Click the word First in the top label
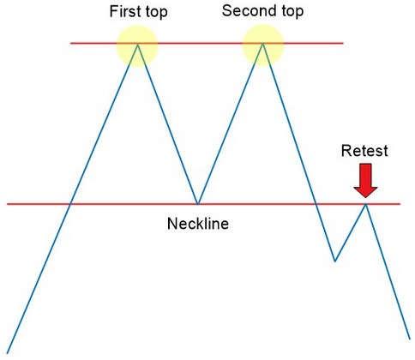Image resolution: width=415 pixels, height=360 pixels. pyautogui.click(x=125, y=11)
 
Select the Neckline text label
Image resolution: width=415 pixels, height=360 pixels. pyautogui.click(x=198, y=224)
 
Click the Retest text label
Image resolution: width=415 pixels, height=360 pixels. pyautogui.click(x=364, y=151)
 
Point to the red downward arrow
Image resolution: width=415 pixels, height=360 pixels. pyautogui.click(x=365, y=180)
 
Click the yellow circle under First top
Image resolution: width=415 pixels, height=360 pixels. pyautogui.click(x=137, y=46)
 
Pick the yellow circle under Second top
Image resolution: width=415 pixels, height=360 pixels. pyautogui.click(x=263, y=45)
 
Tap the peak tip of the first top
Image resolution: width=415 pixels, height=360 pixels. pyautogui.click(x=137, y=44)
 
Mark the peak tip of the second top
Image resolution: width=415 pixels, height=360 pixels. pyautogui.click(x=262, y=44)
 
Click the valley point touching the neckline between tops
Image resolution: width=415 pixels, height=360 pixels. pyautogui.click(x=198, y=204)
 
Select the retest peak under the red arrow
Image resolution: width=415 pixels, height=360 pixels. pyautogui.click(x=365, y=204)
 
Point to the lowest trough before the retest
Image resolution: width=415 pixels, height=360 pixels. pyautogui.click(x=335, y=261)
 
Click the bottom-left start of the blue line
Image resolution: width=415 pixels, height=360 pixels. pyautogui.click(x=7, y=353)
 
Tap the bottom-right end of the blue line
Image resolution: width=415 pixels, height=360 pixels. pyautogui.click(x=410, y=339)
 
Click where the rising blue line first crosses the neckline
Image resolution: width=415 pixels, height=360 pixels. pyautogui.click(x=70, y=204)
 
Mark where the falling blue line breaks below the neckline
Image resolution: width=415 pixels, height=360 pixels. pyautogui.click(x=316, y=204)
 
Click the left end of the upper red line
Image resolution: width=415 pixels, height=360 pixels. pyautogui.click(x=70, y=44)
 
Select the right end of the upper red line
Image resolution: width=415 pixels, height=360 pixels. pyautogui.click(x=343, y=44)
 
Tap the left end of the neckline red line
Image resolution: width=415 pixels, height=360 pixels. pyautogui.click(x=8, y=204)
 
